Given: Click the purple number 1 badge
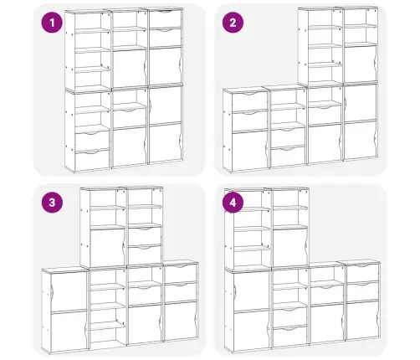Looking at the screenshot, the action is (52, 23).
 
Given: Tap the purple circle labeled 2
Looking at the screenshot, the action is (233, 23).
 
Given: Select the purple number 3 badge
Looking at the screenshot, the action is (52, 203).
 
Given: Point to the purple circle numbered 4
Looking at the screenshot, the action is (233, 203).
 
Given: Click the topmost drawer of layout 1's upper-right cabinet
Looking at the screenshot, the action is (165, 19).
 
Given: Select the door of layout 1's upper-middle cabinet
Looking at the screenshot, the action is (129, 69).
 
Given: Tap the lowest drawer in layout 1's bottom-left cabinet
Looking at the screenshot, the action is (92, 160).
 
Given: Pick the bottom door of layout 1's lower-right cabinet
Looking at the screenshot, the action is (165, 143).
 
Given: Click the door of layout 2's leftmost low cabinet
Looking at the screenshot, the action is (249, 151).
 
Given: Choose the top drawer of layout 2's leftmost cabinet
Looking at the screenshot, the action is (249, 102).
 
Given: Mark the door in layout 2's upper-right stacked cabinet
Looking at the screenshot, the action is (361, 64).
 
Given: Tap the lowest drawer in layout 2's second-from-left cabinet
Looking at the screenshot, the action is (288, 157).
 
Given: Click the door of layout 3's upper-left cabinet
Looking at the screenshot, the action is (107, 248).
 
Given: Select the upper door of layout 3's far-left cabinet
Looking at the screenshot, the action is (69, 291).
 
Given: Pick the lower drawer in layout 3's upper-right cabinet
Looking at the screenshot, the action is (145, 255).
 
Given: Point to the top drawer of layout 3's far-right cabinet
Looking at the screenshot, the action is (180, 274).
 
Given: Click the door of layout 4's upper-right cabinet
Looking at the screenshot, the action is (290, 247).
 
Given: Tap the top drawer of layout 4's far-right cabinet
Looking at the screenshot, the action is (362, 273).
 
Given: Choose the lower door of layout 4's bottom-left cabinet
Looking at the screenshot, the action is (250, 330).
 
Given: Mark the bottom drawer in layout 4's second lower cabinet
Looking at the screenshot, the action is (290, 336).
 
